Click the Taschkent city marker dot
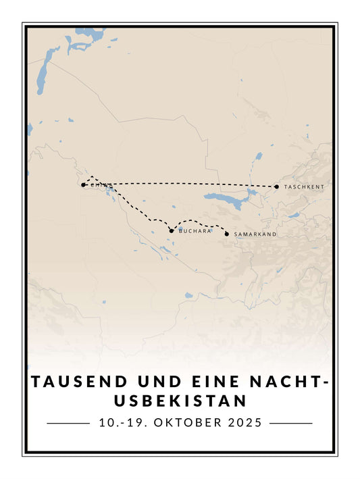pyautogui.click(x=276, y=186)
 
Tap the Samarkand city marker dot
pyautogui.click(x=226, y=234)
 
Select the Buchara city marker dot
pyautogui.click(x=172, y=231)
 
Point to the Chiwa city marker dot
pyautogui.click(x=83, y=184)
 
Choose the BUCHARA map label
pyautogui.click(x=195, y=231)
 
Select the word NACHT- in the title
pyautogui.click(x=295, y=382)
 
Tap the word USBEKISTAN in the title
pyautogui.click(x=180, y=401)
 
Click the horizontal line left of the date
pyautogui.click(x=68, y=424)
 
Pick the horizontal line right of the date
pyautogui.click(x=291, y=424)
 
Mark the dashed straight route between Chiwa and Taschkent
pyautogui.click(x=182, y=184)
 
